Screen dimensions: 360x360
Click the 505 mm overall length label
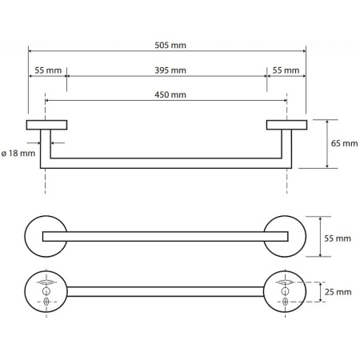170,45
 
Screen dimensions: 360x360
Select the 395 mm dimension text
170,70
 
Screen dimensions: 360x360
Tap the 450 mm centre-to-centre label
170,94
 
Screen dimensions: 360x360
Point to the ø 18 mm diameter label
18,154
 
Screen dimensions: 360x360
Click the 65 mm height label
344,143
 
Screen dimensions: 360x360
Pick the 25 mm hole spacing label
338,292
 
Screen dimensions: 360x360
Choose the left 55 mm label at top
48,70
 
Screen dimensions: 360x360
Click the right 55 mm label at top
286,70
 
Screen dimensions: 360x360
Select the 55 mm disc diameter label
338,238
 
